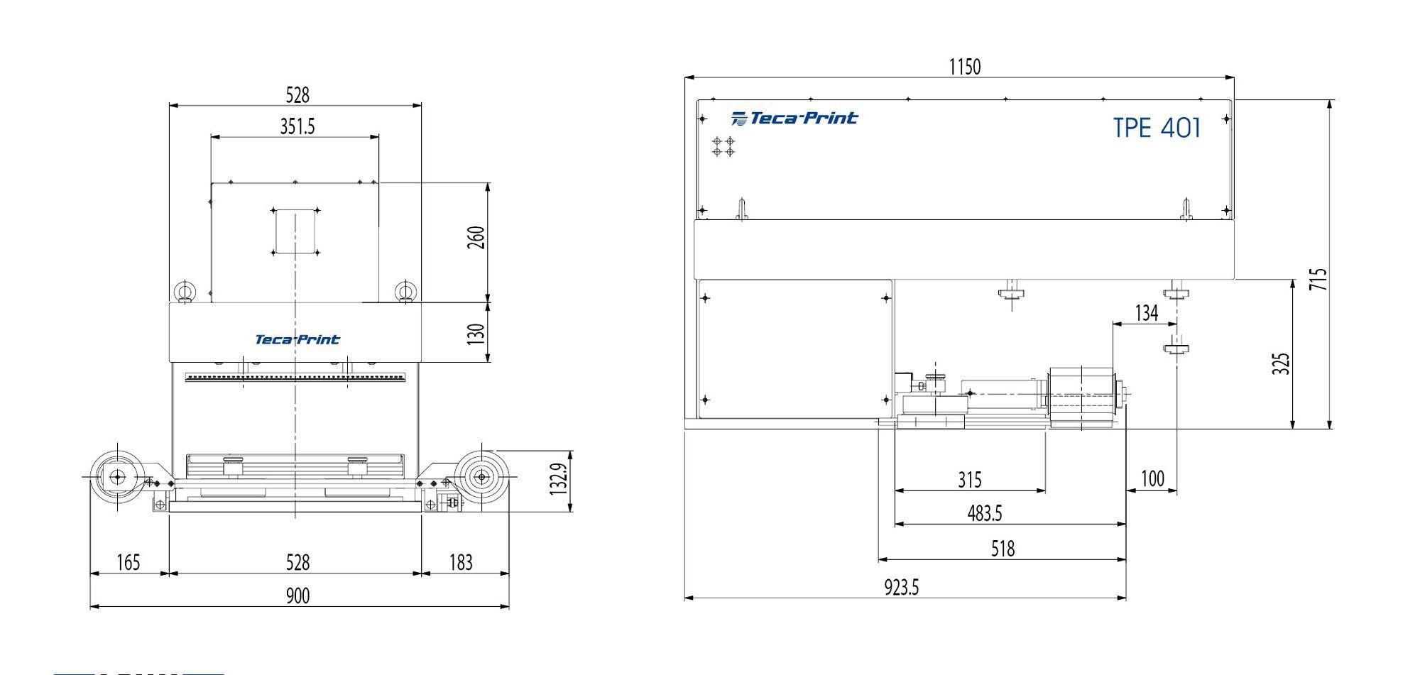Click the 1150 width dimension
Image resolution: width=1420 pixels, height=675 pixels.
tap(964, 67)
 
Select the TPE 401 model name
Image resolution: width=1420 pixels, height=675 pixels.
tap(1157, 128)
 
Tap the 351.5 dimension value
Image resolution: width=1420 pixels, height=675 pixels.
tap(297, 126)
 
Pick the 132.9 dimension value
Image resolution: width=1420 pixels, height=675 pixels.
tap(559, 478)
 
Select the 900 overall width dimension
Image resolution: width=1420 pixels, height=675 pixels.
tap(297, 596)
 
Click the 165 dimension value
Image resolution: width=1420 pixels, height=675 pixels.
tap(128, 563)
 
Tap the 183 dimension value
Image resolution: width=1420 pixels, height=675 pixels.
tap(461, 563)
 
